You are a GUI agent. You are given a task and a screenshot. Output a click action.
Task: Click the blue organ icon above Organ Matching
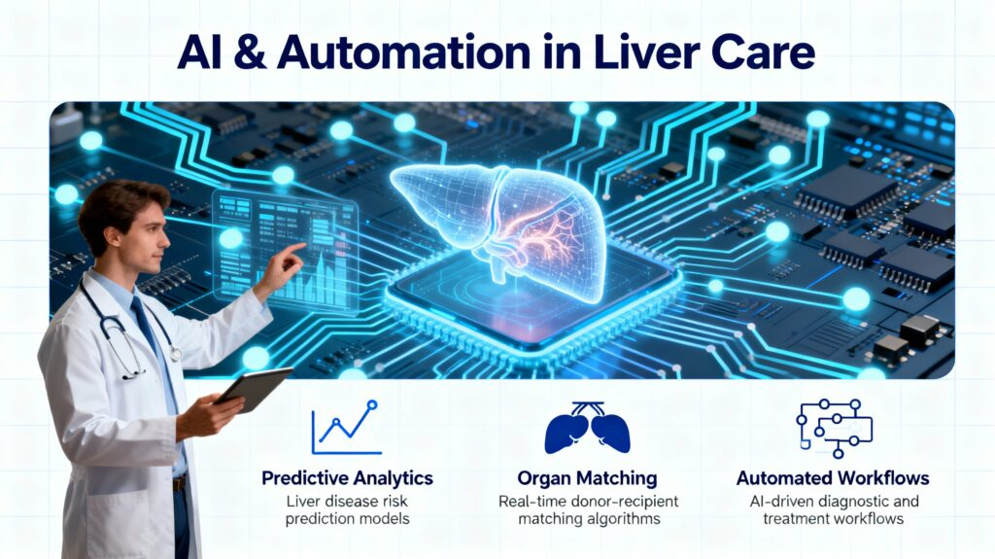click(x=586, y=430)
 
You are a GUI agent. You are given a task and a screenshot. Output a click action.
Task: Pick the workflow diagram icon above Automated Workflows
click(x=833, y=428)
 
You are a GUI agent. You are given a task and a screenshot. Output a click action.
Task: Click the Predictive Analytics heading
click(x=347, y=478)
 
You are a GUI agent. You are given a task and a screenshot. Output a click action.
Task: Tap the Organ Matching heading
click(x=586, y=478)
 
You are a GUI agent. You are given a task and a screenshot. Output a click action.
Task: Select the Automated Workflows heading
click(x=833, y=478)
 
